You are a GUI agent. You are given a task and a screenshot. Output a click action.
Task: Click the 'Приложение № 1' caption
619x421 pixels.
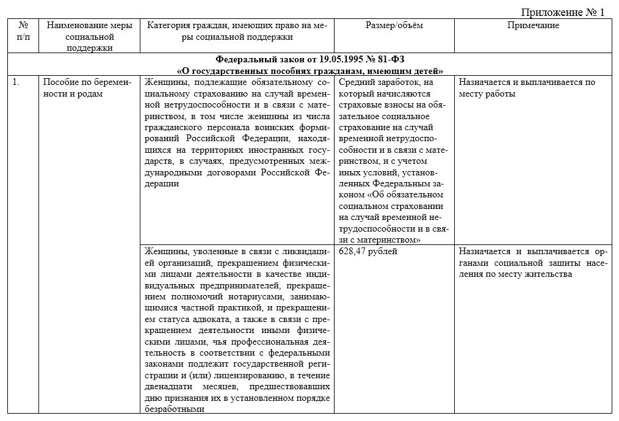pos(562,12)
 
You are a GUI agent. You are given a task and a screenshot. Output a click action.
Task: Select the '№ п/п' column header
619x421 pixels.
pos(23,31)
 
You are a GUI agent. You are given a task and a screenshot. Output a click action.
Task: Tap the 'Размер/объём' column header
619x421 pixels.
pos(394,25)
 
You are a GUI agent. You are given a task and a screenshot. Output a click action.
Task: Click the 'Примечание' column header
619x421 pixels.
pos(533,25)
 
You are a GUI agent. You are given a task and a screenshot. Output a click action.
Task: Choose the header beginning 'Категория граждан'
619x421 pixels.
pos(235,31)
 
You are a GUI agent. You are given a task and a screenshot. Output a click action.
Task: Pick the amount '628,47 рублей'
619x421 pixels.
pos(367,252)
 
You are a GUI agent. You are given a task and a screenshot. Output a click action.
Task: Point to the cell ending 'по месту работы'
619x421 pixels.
pos(526,88)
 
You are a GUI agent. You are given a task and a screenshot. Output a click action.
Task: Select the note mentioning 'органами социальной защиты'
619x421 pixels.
pos(532,263)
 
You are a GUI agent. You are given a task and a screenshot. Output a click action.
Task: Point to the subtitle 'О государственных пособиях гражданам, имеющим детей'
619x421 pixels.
pos(309,70)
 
